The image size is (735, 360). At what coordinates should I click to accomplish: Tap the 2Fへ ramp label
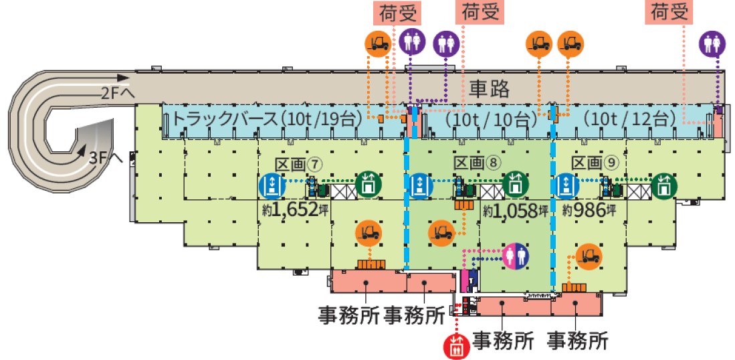point(115,95)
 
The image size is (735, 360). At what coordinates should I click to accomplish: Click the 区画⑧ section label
point(478,163)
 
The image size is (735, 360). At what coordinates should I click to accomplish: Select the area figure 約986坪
point(588,209)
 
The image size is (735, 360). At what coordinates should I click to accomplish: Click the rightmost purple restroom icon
point(712,43)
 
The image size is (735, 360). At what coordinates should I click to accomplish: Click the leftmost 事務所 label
point(346,314)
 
